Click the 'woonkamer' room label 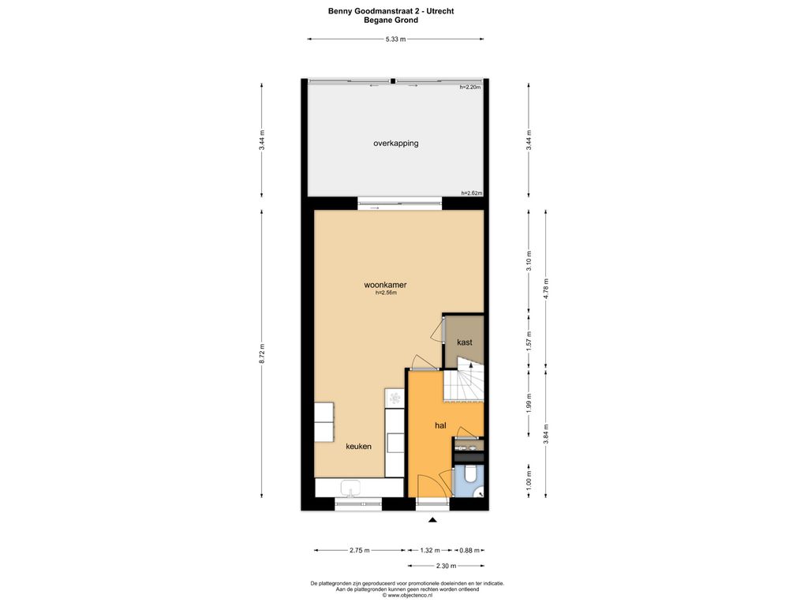coord(385,284)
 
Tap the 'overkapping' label coord(396,144)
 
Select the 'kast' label coord(464,342)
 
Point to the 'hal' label coord(440,425)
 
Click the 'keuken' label coord(358,447)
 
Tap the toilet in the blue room coord(470,474)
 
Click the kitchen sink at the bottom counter coord(351,488)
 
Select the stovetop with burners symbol coord(395,398)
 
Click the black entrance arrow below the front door coord(432,520)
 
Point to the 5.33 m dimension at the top coord(395,39)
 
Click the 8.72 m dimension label coord(262,354)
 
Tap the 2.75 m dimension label coord(360,550)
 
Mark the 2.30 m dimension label coord(447,566)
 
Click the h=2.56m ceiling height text coord(386,293)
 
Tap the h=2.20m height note coord(470,87)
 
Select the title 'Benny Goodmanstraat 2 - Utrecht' coord(391,11)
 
